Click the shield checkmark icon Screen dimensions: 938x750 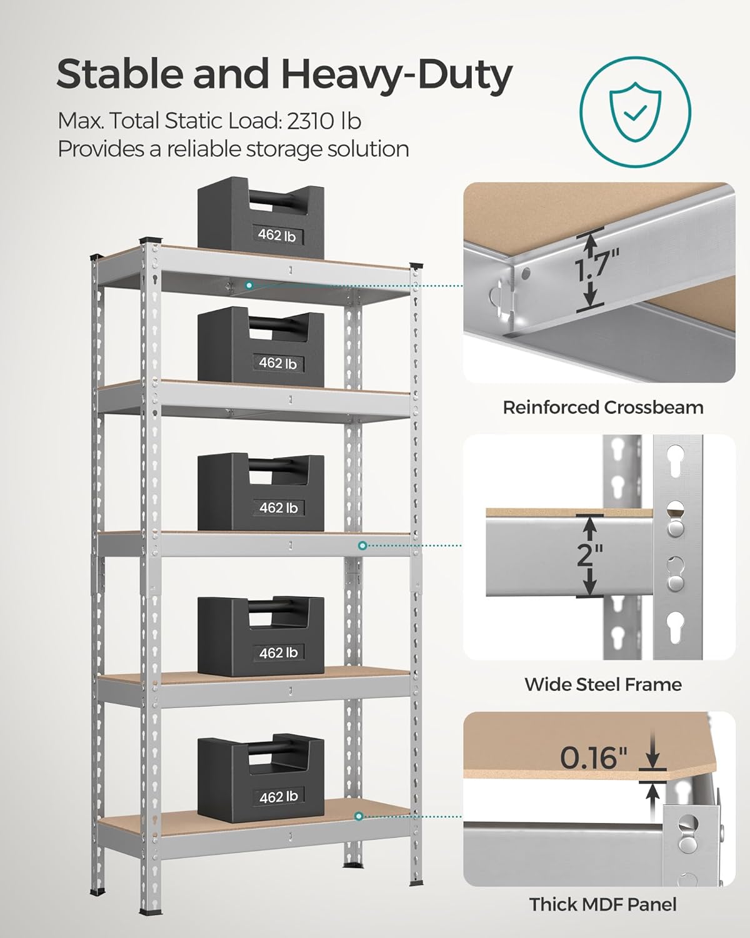pos(635,113)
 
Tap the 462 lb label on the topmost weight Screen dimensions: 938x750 pos(277,236)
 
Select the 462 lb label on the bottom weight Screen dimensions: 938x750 pos(278,797)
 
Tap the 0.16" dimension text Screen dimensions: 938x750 pos(593,758)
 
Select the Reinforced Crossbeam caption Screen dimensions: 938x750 pos(602,408)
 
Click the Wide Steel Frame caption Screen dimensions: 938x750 pos(602,684)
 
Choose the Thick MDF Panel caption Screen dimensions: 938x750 pos(602,904)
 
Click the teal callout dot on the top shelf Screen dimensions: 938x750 pos(249,285)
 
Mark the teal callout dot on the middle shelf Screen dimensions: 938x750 pos(362,545)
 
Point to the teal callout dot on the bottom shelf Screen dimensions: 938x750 pos(359,816)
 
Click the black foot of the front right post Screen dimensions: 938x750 pos(416,883)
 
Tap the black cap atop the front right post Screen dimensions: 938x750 pos(416,265)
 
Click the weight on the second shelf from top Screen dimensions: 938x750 pos(261,344)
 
